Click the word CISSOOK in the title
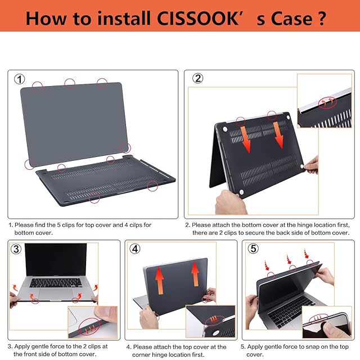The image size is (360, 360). pyautogui.click(x=197, y=18)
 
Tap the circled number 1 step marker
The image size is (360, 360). pyautogui.click(x=20, y=79)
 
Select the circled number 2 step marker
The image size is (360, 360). pyautogui.click(x=197, y=79)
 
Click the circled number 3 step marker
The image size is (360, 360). pyautogui.click(x=16, y=249)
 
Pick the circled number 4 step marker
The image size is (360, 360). pyautogui.click(x=135, y=249)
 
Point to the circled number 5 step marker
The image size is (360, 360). pyautogui.click(x=253, y=249)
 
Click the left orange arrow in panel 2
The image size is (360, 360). pyautogui.click(x=245, y=139)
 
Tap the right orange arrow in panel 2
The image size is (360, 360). pyautogui.click(x=278, y=135)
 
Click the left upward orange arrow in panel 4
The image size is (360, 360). pyautogui.click(x=159, y=281)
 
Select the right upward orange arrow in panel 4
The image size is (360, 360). pyautogui.click(x=195, y=274)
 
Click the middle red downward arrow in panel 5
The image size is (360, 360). pyautogui.click(x=289, y=259)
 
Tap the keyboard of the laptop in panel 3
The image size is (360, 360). pyautogui.click(x=56, y=282)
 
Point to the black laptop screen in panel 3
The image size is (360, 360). pyautogui.click(x=56, y=260)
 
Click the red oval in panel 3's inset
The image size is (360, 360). pyautogui.click(x=89, y=326)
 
